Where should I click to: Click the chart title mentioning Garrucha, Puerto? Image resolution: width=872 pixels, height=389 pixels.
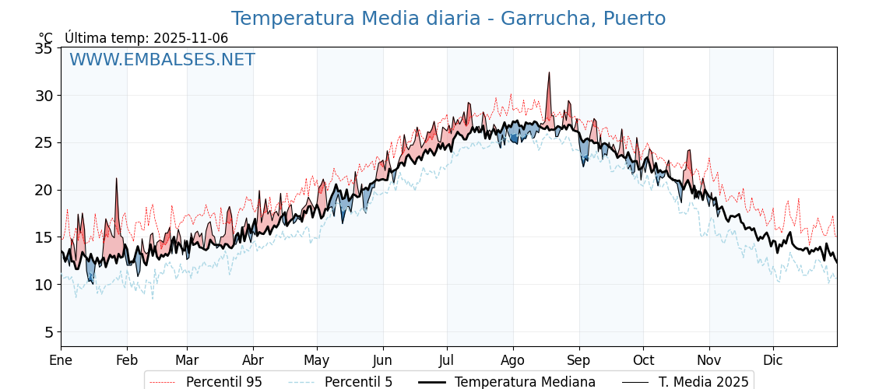pos(448,19)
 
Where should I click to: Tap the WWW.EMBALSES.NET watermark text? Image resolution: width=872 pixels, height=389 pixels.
pos(162,60)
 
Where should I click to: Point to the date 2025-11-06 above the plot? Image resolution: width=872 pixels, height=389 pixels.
pos(191,38)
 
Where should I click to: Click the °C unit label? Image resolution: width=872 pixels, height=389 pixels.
pos(46,38)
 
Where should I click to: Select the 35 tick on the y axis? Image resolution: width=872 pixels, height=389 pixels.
pos(44,48)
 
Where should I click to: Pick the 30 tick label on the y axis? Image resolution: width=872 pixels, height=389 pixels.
pos(44,96)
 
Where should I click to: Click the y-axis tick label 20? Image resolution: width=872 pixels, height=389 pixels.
pos(44,190)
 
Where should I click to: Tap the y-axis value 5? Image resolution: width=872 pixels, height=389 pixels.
pos(47,332)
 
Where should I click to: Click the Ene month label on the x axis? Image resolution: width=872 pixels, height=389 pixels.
pos(61,360)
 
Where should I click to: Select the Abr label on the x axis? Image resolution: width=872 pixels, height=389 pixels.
pos(253,360)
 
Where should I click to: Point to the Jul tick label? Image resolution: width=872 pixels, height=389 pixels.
pos(447,360)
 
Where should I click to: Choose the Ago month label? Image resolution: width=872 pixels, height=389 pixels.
pos(513,360)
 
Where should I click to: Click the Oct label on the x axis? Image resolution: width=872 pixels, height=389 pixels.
pos(643,360)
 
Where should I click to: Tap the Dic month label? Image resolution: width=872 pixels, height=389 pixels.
pos(773,360)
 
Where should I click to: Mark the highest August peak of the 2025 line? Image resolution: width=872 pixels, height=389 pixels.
pos(549,72)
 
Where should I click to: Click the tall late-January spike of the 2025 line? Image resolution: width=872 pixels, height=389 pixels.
pos(116,178)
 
